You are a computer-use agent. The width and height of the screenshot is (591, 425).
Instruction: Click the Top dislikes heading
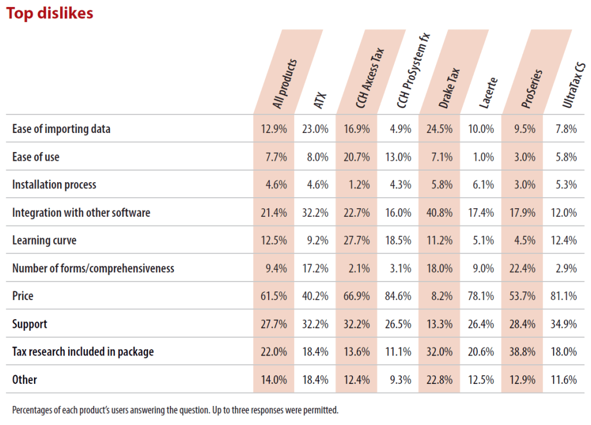pos(50,13)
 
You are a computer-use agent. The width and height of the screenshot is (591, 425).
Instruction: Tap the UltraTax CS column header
pos(569,87)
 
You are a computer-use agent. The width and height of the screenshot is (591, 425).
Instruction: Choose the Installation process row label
pos(54,185)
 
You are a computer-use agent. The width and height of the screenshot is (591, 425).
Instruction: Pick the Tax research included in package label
pos(83,352)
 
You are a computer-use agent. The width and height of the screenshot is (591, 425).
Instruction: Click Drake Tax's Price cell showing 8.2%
pos(441,296)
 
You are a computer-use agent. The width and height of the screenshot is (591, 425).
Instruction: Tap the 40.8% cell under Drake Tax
pos(441,213)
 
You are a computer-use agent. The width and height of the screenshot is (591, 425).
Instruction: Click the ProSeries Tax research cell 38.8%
pos(523,352)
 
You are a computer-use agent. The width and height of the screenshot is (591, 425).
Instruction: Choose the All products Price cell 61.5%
pos(274,296)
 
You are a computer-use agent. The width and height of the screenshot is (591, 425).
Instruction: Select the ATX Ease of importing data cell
pos(316,130)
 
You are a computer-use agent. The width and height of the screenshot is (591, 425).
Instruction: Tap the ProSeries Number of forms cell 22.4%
pos(523,268)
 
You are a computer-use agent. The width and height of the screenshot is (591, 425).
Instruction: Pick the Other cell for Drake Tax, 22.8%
pos(441,379)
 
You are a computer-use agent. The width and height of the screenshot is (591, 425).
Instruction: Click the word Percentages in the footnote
pos(31,411)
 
